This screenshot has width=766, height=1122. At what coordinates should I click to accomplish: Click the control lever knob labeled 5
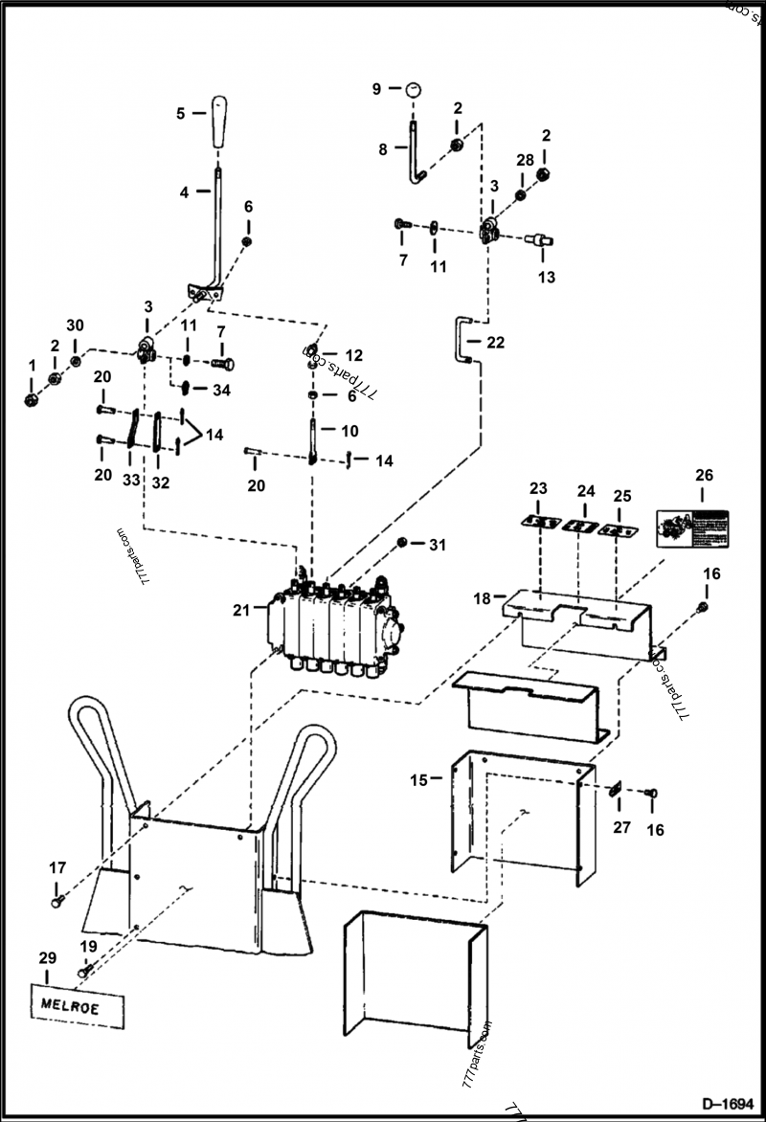point(220,121)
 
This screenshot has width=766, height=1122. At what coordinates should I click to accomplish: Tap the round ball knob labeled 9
point(413,88)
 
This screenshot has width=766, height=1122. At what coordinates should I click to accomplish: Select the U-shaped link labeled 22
point(463,342)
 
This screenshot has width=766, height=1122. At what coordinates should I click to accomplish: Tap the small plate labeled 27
point(618,790)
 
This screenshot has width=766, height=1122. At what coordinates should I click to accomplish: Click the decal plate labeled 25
point(618,528)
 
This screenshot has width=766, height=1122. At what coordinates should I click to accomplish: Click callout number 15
point(418,779)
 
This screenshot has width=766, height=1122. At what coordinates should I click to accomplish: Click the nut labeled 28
point(521,195)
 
